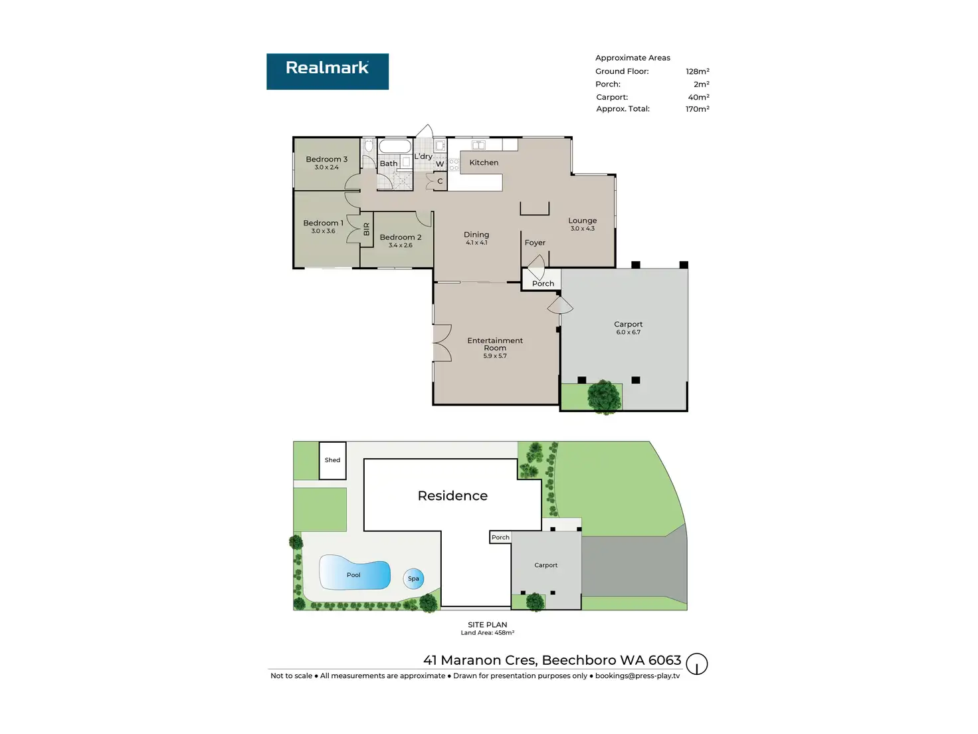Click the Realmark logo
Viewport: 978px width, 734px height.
point(328,71)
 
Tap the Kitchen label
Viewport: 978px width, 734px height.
point(484,163)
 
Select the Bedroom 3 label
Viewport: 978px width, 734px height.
point(326,160)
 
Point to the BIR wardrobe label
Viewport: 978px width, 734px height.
point(366,229)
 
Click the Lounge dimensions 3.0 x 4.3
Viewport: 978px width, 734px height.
point(582,229)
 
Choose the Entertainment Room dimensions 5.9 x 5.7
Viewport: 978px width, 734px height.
point(494,356)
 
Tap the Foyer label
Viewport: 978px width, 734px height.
point(535,243)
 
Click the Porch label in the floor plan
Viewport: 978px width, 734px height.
point(543,284)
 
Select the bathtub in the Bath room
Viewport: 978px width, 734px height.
point(395,147)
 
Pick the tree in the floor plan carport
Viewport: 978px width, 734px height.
point(605,396)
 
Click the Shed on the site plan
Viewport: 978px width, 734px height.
point(332,460)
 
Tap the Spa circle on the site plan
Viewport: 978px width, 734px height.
point(413,578)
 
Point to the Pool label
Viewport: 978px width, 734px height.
point(353,575)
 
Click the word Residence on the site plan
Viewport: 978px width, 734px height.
point(452,496)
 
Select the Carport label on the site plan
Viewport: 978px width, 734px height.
point(545,565)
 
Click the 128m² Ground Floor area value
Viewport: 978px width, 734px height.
point(697,71)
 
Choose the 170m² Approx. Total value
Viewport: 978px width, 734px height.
point(697,109)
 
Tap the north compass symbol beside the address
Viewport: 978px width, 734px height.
point(696,664)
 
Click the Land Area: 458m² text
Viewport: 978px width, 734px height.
point(487,633)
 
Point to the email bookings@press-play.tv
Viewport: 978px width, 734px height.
point(637,676)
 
